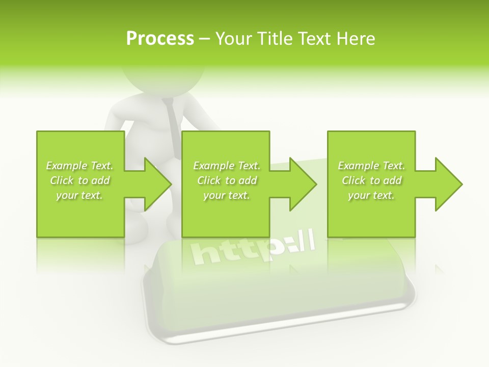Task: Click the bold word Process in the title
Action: click(160, 39)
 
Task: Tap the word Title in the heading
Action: click(274, 39)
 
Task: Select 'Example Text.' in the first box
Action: click(79, 166)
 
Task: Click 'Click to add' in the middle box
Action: click(227, 180)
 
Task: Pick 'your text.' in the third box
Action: click(371, 195)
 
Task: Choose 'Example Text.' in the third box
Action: click(371, 166)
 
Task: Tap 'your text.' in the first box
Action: click(79, 195)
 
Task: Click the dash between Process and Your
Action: click(204, 39)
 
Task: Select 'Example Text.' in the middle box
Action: click(227, 166)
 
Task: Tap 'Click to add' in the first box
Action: click(79, 180)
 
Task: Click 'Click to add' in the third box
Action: click(371, 180)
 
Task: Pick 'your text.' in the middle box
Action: click(227, 195)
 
